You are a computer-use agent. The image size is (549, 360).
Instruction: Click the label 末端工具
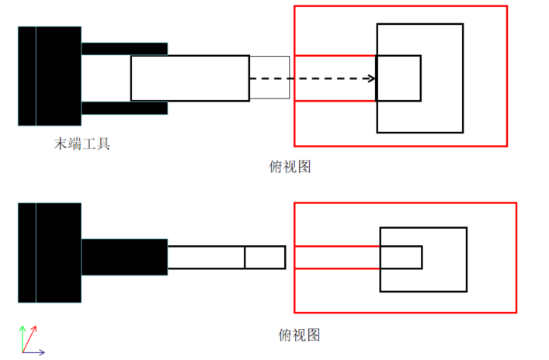point(82,144)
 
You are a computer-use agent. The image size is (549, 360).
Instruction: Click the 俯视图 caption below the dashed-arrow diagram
point(288,166)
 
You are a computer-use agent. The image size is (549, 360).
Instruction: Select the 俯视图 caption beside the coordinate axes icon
point(299,335)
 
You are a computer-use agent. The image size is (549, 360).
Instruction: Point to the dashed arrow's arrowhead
point(372,78)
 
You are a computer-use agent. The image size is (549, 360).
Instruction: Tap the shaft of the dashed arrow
point(311,78)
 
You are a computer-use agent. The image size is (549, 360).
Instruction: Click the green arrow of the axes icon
point(23,336)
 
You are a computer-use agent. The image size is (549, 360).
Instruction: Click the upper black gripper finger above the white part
point(124,48)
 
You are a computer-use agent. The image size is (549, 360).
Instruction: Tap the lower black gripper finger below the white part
point(124,108)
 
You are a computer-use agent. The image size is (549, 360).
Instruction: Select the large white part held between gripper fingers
point(189,78)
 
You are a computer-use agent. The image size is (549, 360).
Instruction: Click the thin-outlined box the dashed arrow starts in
point(269,78)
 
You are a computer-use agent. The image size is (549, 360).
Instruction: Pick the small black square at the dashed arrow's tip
point(398,78)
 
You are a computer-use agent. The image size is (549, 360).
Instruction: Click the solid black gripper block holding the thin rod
point(124,257)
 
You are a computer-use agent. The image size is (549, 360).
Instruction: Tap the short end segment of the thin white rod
point(265,257)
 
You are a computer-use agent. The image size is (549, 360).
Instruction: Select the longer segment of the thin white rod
point(206,257)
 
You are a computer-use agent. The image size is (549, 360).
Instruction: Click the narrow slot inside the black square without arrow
point(401,257)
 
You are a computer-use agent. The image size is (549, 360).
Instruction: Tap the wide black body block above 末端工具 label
point(58,76)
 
